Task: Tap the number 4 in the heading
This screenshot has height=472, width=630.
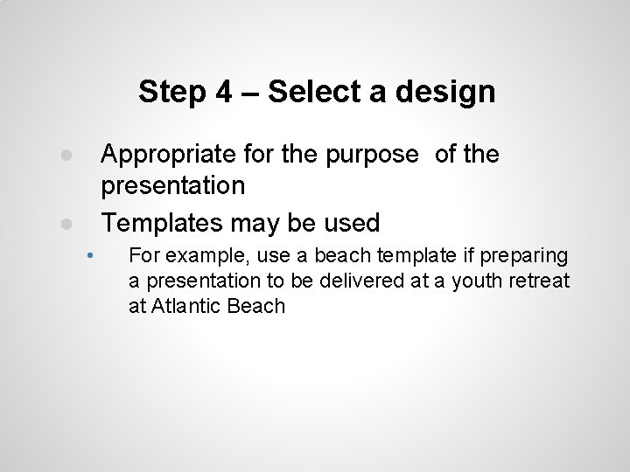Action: tap(222, 91)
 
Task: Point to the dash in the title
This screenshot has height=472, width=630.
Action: tap(249, 92)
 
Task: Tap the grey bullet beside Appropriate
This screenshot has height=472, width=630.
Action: tap(66, 155)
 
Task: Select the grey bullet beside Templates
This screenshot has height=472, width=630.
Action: tap(66, 223)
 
